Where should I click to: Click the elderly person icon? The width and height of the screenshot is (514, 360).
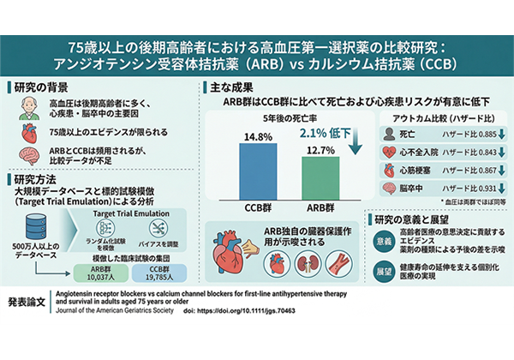[29, 110]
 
